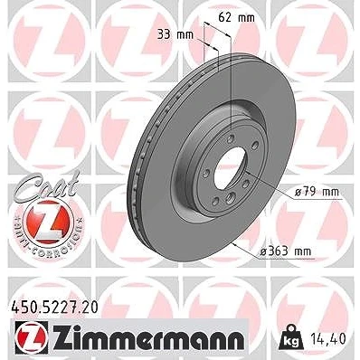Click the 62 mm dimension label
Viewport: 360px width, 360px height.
pos(236,18)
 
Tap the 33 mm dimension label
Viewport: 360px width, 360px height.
pos(175,35)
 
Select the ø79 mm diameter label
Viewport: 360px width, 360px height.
pos(317,192)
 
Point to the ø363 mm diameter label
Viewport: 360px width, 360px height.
pos(285,251)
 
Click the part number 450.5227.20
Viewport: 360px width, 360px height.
pos(54,308)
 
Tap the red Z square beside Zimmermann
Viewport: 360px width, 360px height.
pos(31,339)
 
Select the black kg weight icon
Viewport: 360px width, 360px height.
pos(289,336)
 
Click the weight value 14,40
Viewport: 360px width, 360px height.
pos(327,339)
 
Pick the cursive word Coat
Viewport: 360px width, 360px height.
pos(48,185)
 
